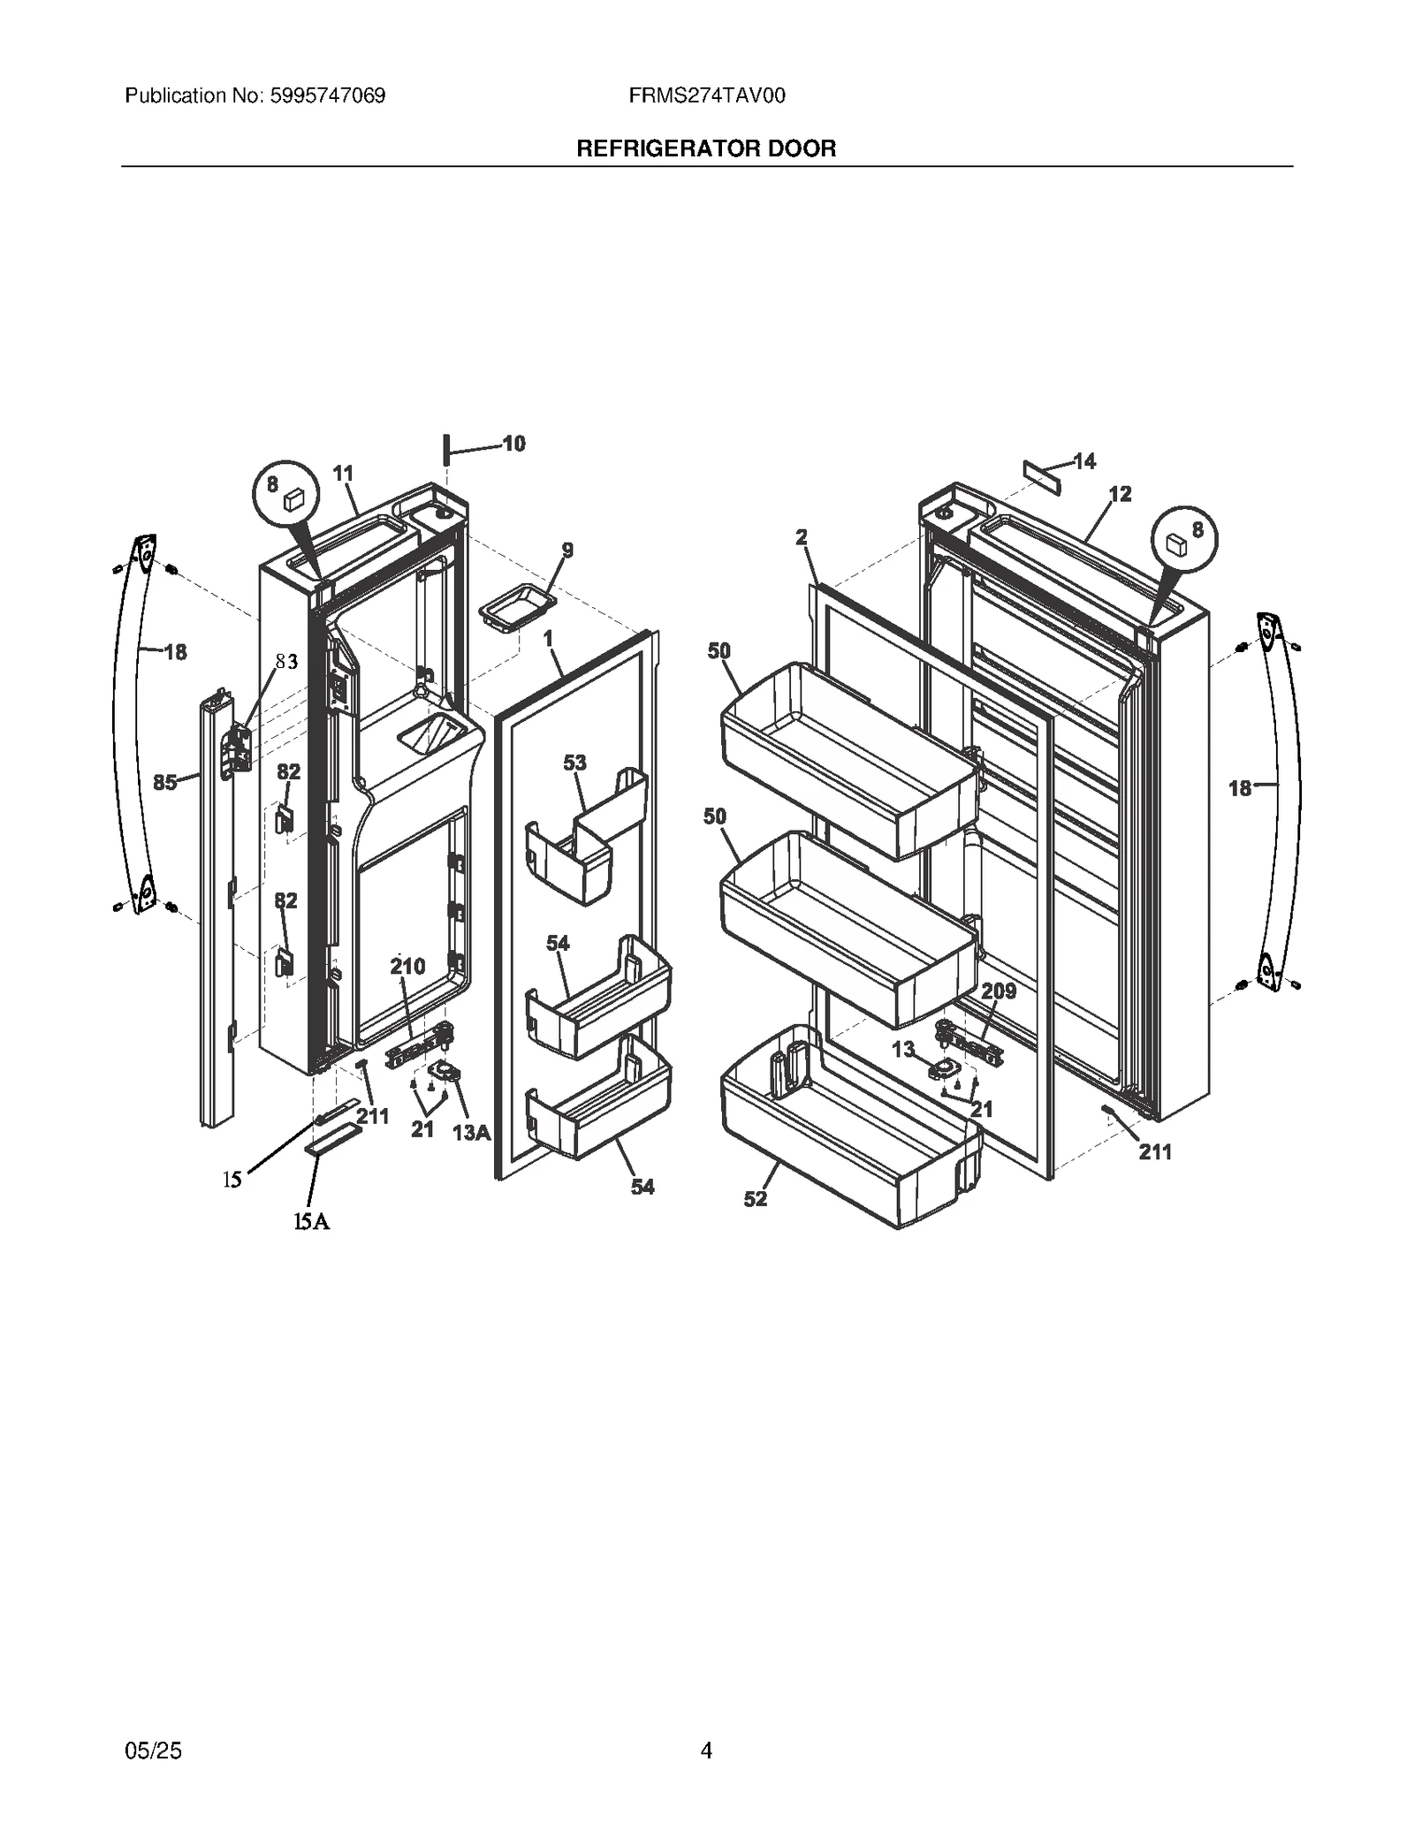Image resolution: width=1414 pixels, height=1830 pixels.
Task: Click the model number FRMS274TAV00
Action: [707, 95]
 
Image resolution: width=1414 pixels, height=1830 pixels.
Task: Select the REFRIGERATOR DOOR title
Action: [706, 148]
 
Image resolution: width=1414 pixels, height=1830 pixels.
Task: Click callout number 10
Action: [513, 444]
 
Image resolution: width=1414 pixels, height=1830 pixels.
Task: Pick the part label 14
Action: [1084, 461]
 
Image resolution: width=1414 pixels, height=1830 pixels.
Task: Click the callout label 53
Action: [574, 763]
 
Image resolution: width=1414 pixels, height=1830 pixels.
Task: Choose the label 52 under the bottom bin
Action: [756, 1198]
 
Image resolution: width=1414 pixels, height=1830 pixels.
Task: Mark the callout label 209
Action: [999, 991]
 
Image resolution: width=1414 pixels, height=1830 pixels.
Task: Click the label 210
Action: [407, 967]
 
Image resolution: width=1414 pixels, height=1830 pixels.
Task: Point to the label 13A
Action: [471, 1132]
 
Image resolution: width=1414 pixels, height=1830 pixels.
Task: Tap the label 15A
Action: [312, 1221]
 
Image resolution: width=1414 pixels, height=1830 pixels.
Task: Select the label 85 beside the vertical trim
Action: [165, 782]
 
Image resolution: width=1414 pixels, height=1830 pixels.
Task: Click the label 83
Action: [286, 661]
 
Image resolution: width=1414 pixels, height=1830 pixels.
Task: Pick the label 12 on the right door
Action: [1120, 494]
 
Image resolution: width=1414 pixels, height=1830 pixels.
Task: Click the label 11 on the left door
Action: [343, 474]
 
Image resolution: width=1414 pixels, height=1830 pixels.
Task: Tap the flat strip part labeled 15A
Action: [333, 1140]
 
